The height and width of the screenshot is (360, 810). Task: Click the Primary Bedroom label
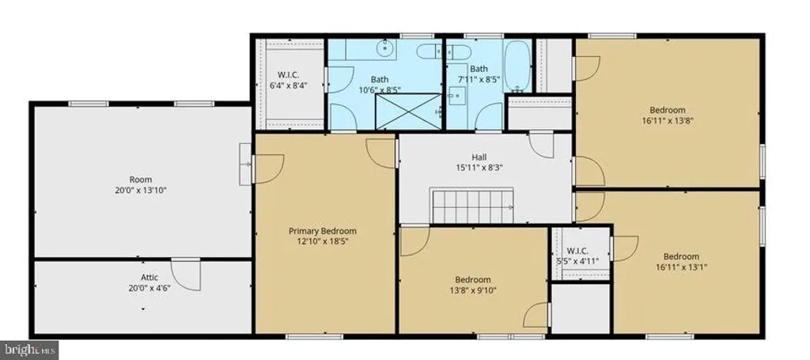[323, 231]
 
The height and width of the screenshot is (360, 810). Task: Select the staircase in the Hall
[473, 206]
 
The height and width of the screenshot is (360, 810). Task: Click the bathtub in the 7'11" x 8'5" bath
[517, 66]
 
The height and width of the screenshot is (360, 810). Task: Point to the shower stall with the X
[409, 112]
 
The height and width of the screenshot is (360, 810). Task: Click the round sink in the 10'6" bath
[384, 50]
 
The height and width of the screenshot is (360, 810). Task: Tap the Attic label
[150, 278]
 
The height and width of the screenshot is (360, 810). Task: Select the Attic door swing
[186, 275]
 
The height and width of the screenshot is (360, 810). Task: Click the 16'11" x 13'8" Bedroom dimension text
[668, 120]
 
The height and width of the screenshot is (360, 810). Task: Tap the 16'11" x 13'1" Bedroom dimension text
[681, 267]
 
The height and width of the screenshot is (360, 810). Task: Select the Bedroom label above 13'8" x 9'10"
[473, 279]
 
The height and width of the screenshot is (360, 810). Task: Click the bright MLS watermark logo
[29, 350]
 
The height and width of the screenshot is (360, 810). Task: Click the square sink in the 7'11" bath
[456, 96]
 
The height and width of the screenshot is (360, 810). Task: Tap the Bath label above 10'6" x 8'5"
[380, 80]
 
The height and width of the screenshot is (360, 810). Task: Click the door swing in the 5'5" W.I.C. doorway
[625, 248]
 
